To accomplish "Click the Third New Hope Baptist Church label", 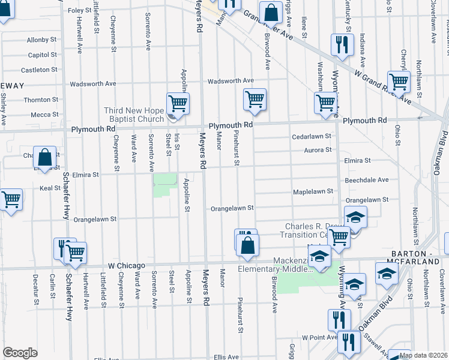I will click(x=134, y=115).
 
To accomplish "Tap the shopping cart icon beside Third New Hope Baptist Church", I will click(x=178, y=104).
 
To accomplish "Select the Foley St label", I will click(x=79, y=11).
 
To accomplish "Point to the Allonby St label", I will click(x=41, y=40).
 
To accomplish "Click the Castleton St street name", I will click(x=43, y=70).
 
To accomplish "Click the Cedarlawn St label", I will click(x=312, y=137).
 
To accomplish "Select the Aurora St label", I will click(x=318, y=150).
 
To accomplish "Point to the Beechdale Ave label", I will click(x=366, y=179).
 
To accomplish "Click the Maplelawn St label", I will click(x=313, y=192).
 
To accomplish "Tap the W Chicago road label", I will click(x=127, y=265).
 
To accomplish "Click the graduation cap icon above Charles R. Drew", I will click(x=355, y=217).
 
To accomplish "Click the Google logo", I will click(x=20, y=353).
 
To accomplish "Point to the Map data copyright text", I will click(x=424, y=355).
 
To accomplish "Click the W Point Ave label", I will click(x=319, y=337).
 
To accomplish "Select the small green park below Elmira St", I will click(x=166, y=185).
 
